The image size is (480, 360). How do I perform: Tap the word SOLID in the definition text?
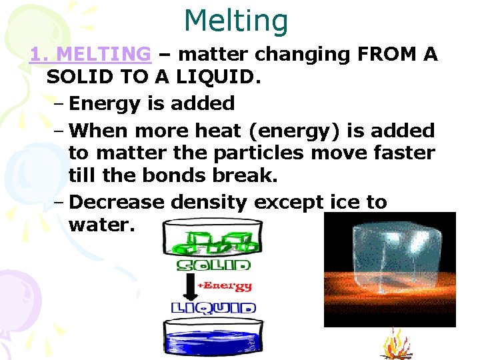(x=79, y=77)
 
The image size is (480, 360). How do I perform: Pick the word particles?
(x=264, y=153)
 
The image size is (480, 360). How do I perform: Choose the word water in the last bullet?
(x=101, y=225)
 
